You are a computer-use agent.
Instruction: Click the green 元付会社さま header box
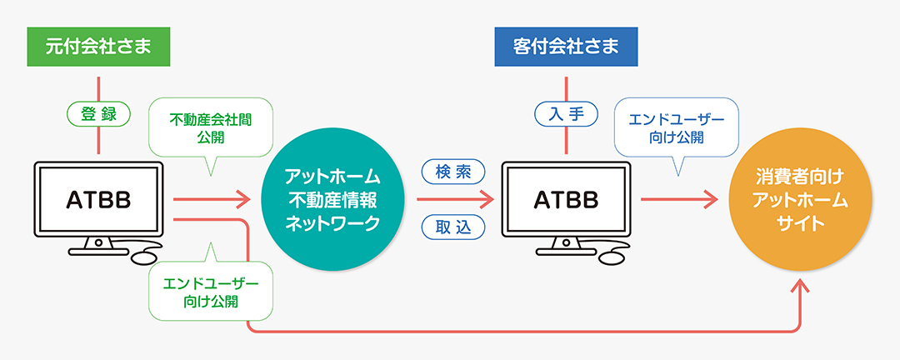tap(98, 47)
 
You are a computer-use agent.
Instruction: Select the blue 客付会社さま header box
tap(566, 47)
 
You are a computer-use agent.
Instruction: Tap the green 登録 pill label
tap(98, 115)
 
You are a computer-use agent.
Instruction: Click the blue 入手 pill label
tap(566, 115)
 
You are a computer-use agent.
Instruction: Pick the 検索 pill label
tap(454, 172)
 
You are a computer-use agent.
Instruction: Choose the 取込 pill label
tap(454, 226)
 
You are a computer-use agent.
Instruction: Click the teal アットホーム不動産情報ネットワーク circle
tap(332, 200)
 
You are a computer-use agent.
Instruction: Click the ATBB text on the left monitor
tap(98, 200)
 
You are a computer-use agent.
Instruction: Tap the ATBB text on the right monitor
tap(566, 200)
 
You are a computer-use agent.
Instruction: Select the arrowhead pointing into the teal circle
tap(243, 200)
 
